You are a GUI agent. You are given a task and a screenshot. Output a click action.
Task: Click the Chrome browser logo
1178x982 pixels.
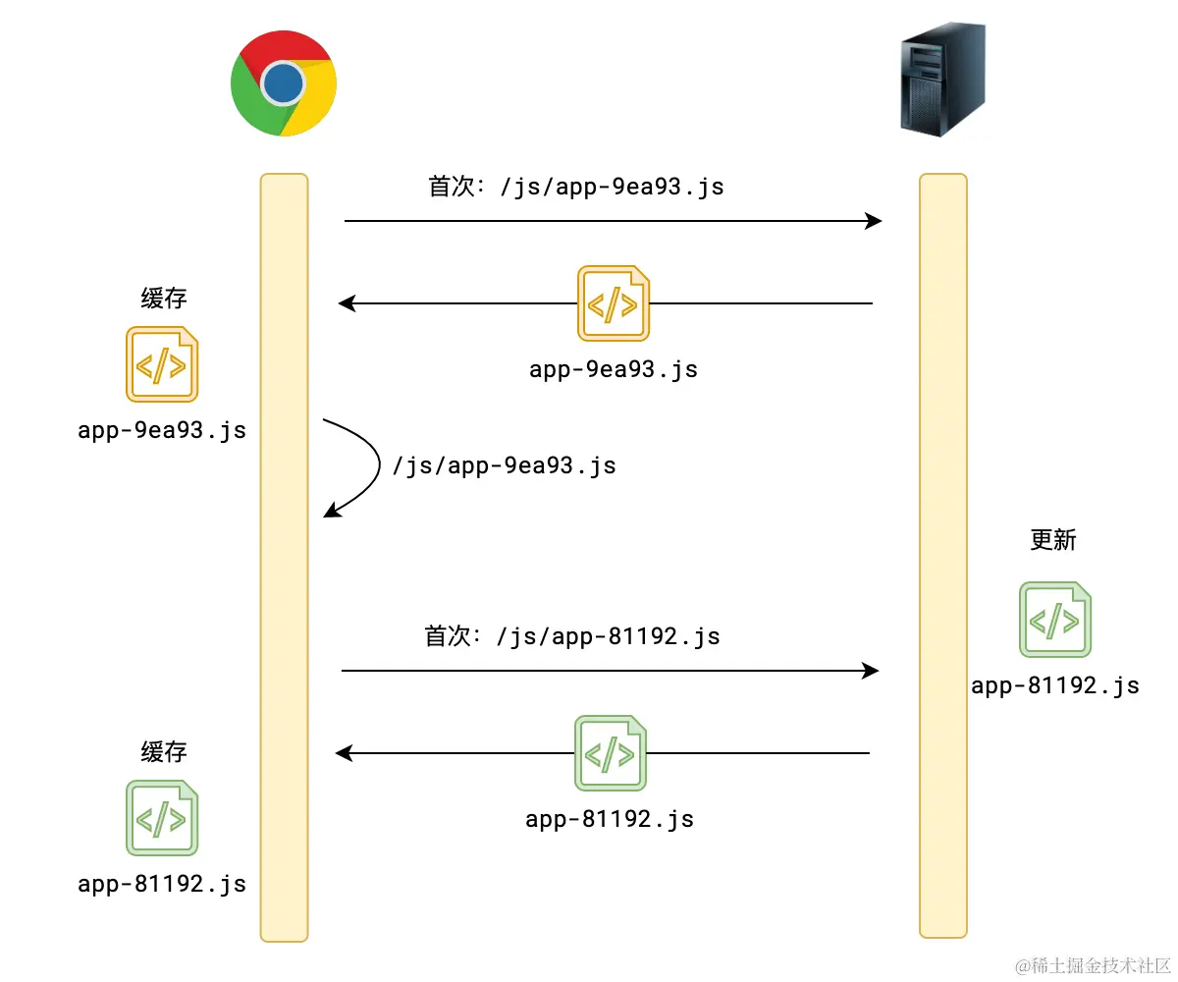(x=284, y=83)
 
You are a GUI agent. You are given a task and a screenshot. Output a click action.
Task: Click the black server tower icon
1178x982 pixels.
(x=942, y=81)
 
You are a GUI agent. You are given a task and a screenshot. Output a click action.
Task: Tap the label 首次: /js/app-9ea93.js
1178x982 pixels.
(x=576, y=187)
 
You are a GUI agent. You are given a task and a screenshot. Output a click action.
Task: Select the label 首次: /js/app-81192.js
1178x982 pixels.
(x=572, y=636)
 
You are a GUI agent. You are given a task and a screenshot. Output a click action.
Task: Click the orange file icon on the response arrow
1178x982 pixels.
(x=613, y=302)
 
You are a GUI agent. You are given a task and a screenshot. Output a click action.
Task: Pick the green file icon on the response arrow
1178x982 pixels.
(x=610, y=753)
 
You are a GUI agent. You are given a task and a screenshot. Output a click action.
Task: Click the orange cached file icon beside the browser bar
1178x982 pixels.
(x=162, y=364)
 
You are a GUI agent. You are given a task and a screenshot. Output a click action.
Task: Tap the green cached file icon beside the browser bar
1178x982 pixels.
(x=162, y=817)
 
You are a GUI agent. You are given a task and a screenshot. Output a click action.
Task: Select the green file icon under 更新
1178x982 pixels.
(x=1054, y=620)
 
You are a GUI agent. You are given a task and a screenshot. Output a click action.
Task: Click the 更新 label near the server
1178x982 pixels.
(x=1053, y=539)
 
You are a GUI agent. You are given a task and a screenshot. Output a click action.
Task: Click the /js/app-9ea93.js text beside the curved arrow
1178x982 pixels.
(x=504, y=464)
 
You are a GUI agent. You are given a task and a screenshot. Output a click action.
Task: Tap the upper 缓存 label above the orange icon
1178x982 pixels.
(x=164, y=299)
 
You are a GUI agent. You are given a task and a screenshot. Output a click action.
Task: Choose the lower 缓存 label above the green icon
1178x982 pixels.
(x=164, y=752)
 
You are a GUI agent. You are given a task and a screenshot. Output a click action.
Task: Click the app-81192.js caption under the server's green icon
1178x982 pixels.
(x=1055, y=685)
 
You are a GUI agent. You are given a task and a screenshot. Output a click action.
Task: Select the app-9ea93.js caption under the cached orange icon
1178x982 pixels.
(x=162, y=430)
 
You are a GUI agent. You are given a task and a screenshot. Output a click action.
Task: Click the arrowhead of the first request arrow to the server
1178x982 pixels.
(x=873, y=221)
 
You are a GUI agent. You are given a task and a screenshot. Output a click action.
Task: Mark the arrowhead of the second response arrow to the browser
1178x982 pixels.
(x=345, y=753)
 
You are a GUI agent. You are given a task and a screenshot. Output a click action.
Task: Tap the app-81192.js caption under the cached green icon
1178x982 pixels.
(x=162, y=883)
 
